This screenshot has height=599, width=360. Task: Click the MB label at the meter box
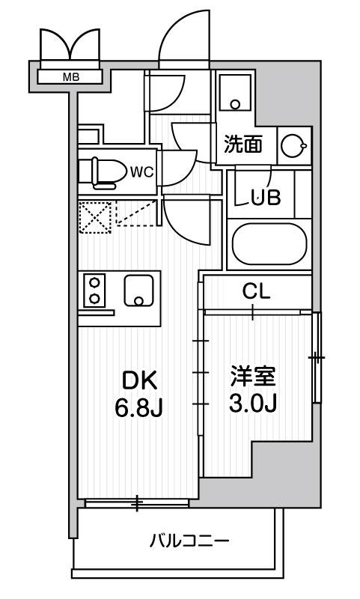coord(71,77)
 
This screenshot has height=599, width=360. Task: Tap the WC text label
coord(141,172)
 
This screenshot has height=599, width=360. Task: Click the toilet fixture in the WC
coord(103,174)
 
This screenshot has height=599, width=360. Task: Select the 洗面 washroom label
coord(243,145)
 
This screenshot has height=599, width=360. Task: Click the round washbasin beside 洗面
coord(293,145)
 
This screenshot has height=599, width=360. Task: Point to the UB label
coord(266,198)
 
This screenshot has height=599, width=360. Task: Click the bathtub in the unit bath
coord(269,245)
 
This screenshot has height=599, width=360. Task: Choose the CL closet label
coord(256,292)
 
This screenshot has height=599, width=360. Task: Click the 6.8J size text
coord(139,407)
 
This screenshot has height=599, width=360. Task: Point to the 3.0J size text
coord(253,403)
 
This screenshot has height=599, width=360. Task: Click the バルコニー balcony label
coord(189,541)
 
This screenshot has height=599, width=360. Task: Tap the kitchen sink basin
coord(138,291)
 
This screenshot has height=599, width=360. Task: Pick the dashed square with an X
coord(95,217)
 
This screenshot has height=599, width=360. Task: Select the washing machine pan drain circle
coord(235,104)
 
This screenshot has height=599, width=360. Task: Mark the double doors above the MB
coord(70,44)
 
